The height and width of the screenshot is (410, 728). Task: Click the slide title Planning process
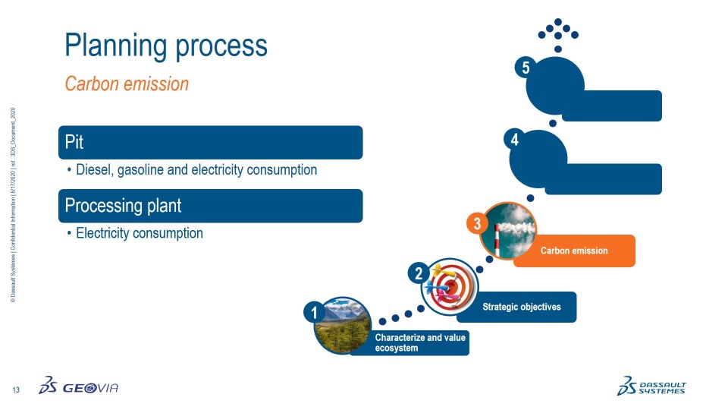coord(166,46)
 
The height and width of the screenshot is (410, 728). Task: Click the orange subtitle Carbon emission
coord(127,84)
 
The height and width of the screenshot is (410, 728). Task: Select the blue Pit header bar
coord(211,142)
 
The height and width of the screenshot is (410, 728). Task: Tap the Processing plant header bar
coord(211,206)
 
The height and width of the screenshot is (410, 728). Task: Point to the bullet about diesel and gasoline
coord(196,170)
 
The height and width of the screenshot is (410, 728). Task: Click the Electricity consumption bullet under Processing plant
coord(139,233)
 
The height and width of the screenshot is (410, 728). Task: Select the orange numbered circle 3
coord(477,224)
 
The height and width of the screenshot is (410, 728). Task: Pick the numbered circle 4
coord(515,140)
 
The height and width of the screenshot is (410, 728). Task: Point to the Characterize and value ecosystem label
coord(422,342)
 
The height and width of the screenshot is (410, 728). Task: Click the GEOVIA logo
coord(79,387)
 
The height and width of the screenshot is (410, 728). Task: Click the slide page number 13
coord(16,390)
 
